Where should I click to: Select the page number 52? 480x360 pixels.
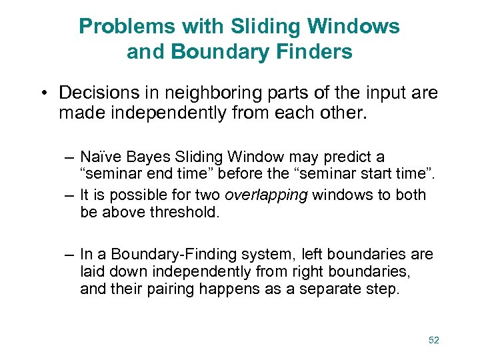point(434,340)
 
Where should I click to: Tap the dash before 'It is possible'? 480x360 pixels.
point(70,195)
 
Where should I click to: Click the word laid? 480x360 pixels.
point(91,271)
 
